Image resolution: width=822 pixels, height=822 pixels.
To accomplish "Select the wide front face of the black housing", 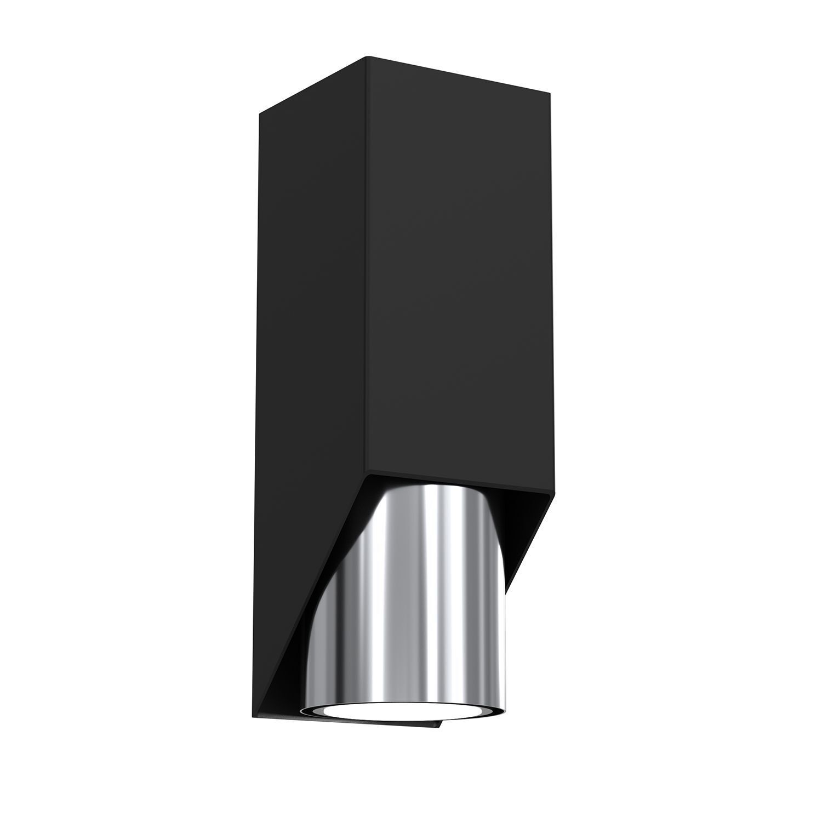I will pos(460,274).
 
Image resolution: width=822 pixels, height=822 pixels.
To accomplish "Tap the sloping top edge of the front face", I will pos(460,75).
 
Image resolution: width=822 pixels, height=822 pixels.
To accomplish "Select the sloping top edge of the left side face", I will pos(312,85).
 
